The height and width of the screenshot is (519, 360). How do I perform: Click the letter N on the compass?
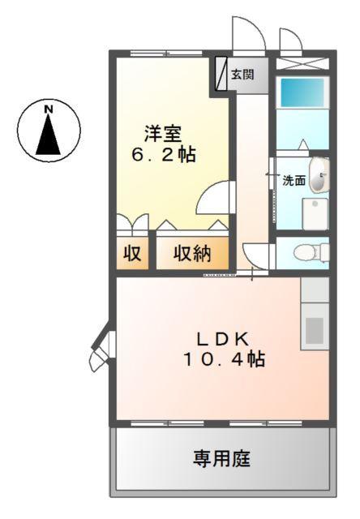(49, 107)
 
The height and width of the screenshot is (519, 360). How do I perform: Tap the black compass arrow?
(49, 135)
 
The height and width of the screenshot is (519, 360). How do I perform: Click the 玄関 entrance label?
(242, 75)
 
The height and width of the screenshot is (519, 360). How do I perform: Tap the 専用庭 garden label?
(221, 459)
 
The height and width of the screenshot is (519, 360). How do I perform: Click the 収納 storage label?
(192, 254)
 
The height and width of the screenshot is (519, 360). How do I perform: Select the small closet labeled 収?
(131, 254)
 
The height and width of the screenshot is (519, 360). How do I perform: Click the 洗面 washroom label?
(293, 181)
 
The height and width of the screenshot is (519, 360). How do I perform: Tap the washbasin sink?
(319, 177)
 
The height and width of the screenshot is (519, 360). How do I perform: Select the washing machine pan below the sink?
(312, 212)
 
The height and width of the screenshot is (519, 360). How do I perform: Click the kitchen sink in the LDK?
(314, 328)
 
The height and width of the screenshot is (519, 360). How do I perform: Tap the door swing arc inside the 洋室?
(214, 198)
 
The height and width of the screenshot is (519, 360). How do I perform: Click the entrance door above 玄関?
(246, 36)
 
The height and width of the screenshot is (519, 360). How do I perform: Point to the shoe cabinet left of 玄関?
(221, 74)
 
